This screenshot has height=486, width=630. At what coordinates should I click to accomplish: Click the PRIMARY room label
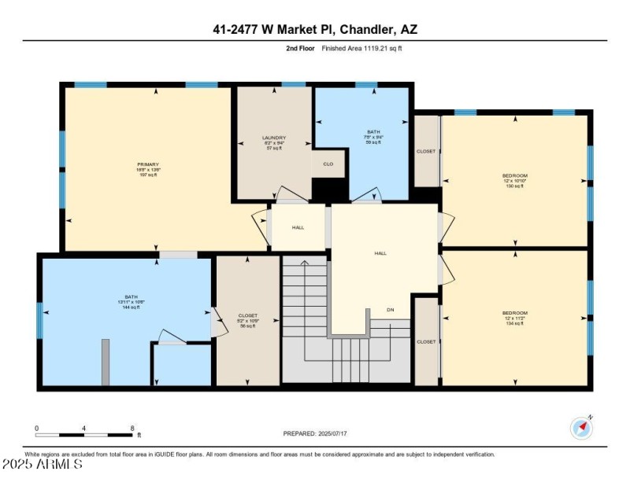(148, 169)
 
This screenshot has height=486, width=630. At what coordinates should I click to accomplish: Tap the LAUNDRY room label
(273, 142)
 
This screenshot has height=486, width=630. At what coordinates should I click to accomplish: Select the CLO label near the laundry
(328, 164)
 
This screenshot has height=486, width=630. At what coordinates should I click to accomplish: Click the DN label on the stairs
(389, 310)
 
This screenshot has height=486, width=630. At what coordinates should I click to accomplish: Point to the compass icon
(581, 428)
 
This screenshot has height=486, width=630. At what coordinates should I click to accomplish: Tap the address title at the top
(315, 30)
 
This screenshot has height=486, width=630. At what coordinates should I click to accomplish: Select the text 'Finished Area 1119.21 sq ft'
(362, 48)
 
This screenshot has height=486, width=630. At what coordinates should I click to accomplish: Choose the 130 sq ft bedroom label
(515, 180)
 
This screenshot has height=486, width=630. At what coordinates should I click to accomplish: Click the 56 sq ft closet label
(247, 320)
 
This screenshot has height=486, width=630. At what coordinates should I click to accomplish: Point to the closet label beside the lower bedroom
(426, 342)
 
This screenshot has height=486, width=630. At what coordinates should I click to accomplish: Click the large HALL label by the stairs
(380, 253)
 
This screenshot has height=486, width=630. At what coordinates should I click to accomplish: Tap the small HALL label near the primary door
(298, 227)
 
